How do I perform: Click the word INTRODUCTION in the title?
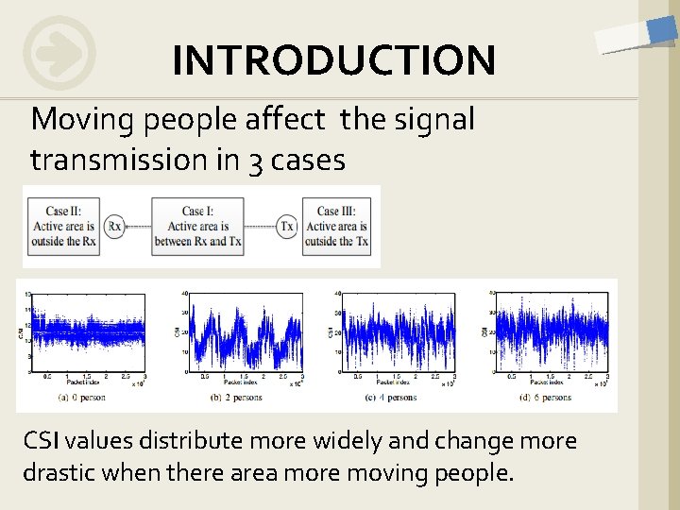click(x=332, y=60)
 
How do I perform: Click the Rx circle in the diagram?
click(x=114, y=227)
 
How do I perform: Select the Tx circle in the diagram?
click(x=286, y=227)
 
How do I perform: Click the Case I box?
click(x=197, y=227)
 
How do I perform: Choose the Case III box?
click(x=335, y=227)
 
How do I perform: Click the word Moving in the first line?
click(x=84, y=120)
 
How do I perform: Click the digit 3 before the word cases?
click(x=256, y=161)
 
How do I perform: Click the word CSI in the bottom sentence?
click(x=43, y=441)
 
